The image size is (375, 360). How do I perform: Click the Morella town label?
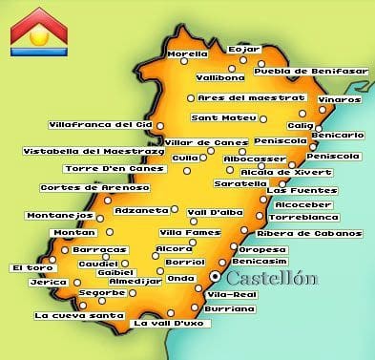[x=186, y=55]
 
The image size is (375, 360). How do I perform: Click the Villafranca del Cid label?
[x=99, y=124]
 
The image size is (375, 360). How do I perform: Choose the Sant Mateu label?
[x=224, y=118]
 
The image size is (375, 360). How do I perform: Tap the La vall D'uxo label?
[x=167, y=323]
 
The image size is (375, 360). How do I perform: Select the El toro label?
[x=31, y=268]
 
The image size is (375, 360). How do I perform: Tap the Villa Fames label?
[x=183, y=232]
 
